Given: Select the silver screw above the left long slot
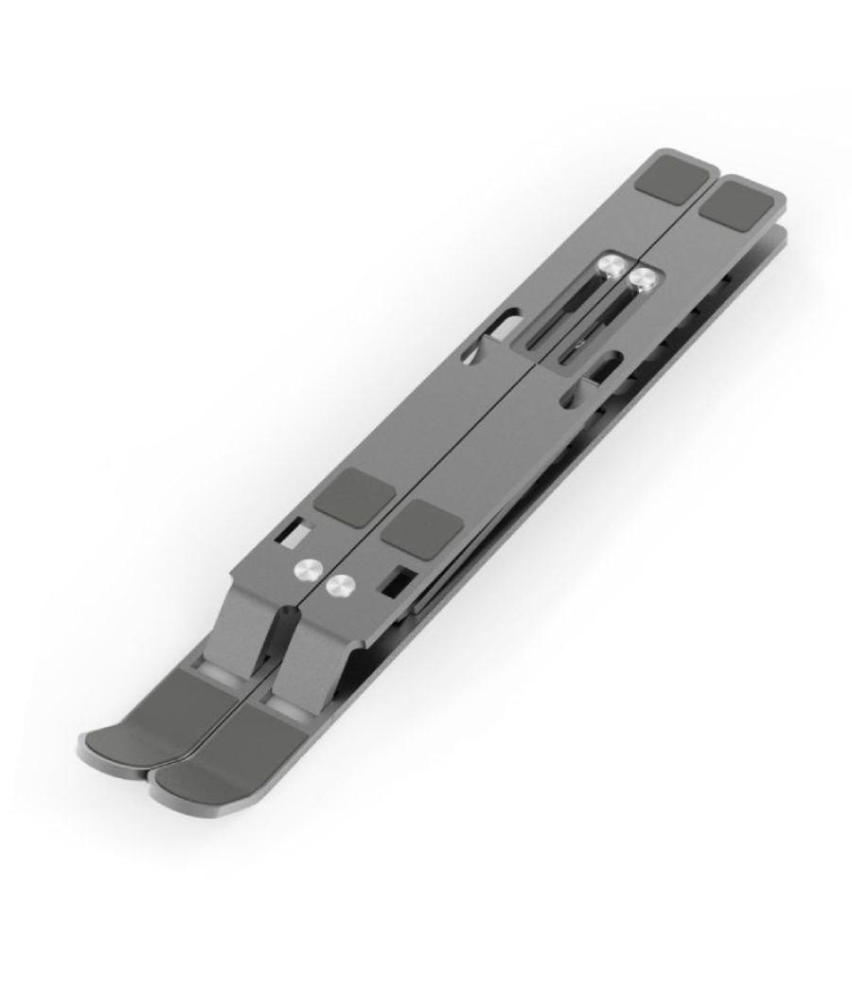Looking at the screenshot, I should [x=612, y=266].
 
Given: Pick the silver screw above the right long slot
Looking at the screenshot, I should [x=644, y=279].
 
